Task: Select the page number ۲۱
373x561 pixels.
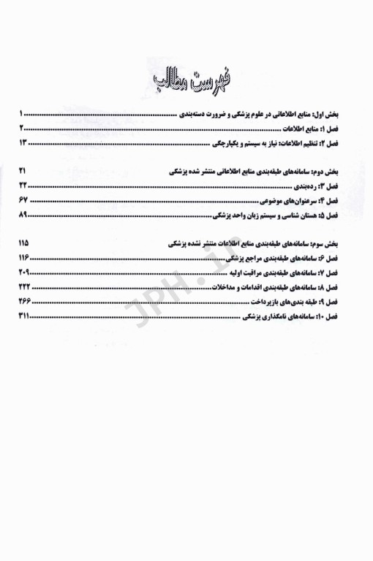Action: [23, 170]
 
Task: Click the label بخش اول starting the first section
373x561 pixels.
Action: [337, 114]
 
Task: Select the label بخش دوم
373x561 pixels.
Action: [337, 171]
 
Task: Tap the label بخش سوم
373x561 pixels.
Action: [337, 243]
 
